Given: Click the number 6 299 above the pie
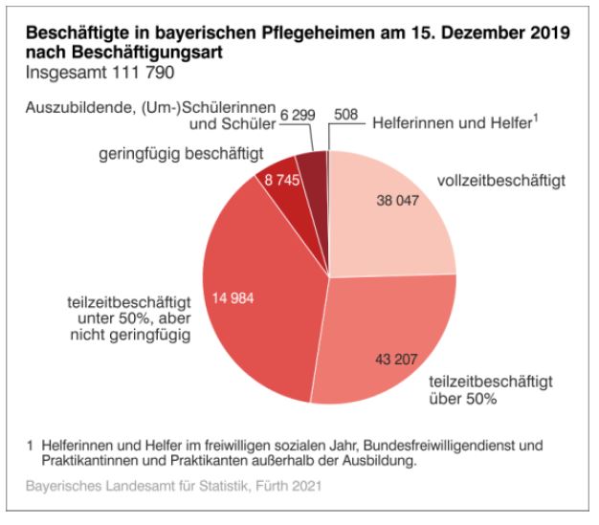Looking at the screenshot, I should coord(299,115).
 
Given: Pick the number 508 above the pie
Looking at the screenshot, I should coord(347,115).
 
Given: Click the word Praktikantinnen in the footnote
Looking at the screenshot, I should coord(88,461).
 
